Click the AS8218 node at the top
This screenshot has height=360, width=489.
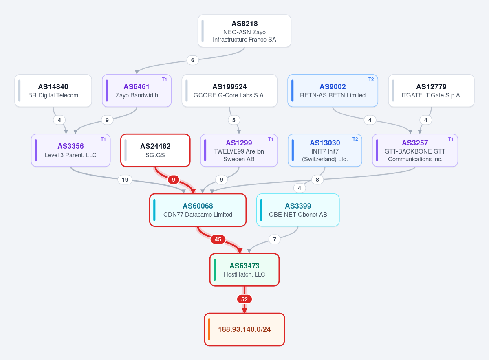pyautogui.click(x=244, y=31)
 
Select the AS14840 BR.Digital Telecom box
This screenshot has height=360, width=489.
pyautogui.click(x=53, y=90)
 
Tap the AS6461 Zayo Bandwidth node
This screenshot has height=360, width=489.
pyautogui.click(x=137, y=90)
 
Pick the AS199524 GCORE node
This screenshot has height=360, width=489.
pyautogui.click(x=229, y=90)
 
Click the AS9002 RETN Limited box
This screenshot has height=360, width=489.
pyautogui.click(x=333, y=90)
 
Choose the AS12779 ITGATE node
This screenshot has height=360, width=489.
pyautogui.click(x=431, y=90)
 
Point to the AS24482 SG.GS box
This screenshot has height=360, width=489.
pyautogui.click(x=155, y=150)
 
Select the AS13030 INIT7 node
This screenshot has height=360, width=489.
pyautogui.click(x=325, y=150)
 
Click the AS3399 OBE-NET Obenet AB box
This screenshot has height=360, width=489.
pyautogui.click(x=298, y=210)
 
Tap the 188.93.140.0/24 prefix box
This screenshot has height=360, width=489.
pyautogui.click(x=244, y=329)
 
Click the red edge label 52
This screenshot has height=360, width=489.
pyautogui.click(x=244, y=299)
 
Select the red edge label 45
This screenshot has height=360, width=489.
pyautogui.click(x=218, y=239)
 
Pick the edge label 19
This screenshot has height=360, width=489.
pyautogui.click(x=125, y=180)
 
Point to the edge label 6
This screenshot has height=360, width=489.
pyautogui.click(x=192, y=60)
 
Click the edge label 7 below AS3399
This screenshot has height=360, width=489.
pyautogui.click(x=274, y=239)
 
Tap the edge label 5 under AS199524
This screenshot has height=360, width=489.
pyautogui.click(x=234, y=120)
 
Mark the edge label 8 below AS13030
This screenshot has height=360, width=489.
pyautogui.click(x=317, y=180)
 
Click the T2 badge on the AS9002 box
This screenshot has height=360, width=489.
pyautogui.click(x=371, y=79)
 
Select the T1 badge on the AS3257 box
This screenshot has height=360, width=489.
pyautogui.click(x=451, y=139)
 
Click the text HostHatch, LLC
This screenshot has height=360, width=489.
pyautogui.click(x=244, y=274)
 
